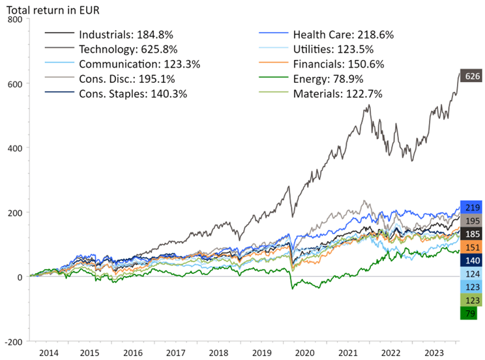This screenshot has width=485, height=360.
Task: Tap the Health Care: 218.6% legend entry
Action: coord(343,35)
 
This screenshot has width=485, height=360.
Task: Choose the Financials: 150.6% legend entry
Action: coord(338,64)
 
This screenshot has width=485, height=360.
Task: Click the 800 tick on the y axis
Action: coord(14,20)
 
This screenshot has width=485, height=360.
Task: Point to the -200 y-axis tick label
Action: coord(13,341)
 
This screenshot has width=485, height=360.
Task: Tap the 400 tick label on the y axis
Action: coord(14,148)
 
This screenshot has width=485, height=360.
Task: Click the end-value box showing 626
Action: coord(471,76)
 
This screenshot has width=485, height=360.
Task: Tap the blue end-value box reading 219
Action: coord(471,208)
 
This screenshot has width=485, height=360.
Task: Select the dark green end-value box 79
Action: coord(469,314)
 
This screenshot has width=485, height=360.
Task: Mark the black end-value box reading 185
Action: coord(471,233)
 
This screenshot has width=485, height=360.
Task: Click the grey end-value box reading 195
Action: coord(471,221)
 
